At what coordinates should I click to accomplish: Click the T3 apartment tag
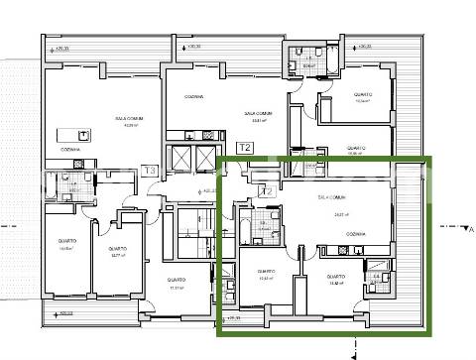pos(150,171)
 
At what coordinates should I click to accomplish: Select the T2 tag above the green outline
pos(246,148)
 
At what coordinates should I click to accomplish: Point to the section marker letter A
pos(470,229)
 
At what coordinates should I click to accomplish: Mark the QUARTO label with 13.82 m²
pos(333,276)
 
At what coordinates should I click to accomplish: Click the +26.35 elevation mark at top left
pos(63,47)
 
